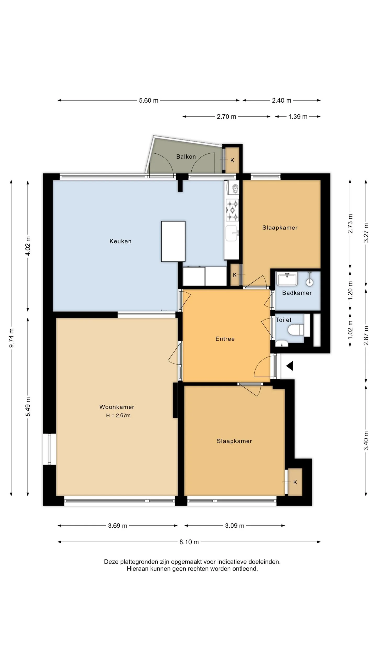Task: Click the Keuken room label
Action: (x=120, y=241)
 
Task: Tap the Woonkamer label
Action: (x=117, y=407)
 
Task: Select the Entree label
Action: (x=225, y=339)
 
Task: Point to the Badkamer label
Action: (x=297, y=293)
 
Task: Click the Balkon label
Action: (x=186, y=157)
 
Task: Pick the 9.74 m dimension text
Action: (x=11, y=338)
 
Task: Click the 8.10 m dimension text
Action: (x=189, y=542)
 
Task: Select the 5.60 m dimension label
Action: (x=149, y=100)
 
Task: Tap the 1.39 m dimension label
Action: (x=298, y=117)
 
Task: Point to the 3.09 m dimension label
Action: (x=235, y=526)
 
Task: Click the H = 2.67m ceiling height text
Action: (x=118, y=416)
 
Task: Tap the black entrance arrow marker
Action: (x=290, y=366)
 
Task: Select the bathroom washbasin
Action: (x=287, y=279)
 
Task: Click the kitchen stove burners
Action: (x=232, y=210)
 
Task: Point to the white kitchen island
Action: (x=173, y=241)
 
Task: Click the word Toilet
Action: (x=284, y=320)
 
